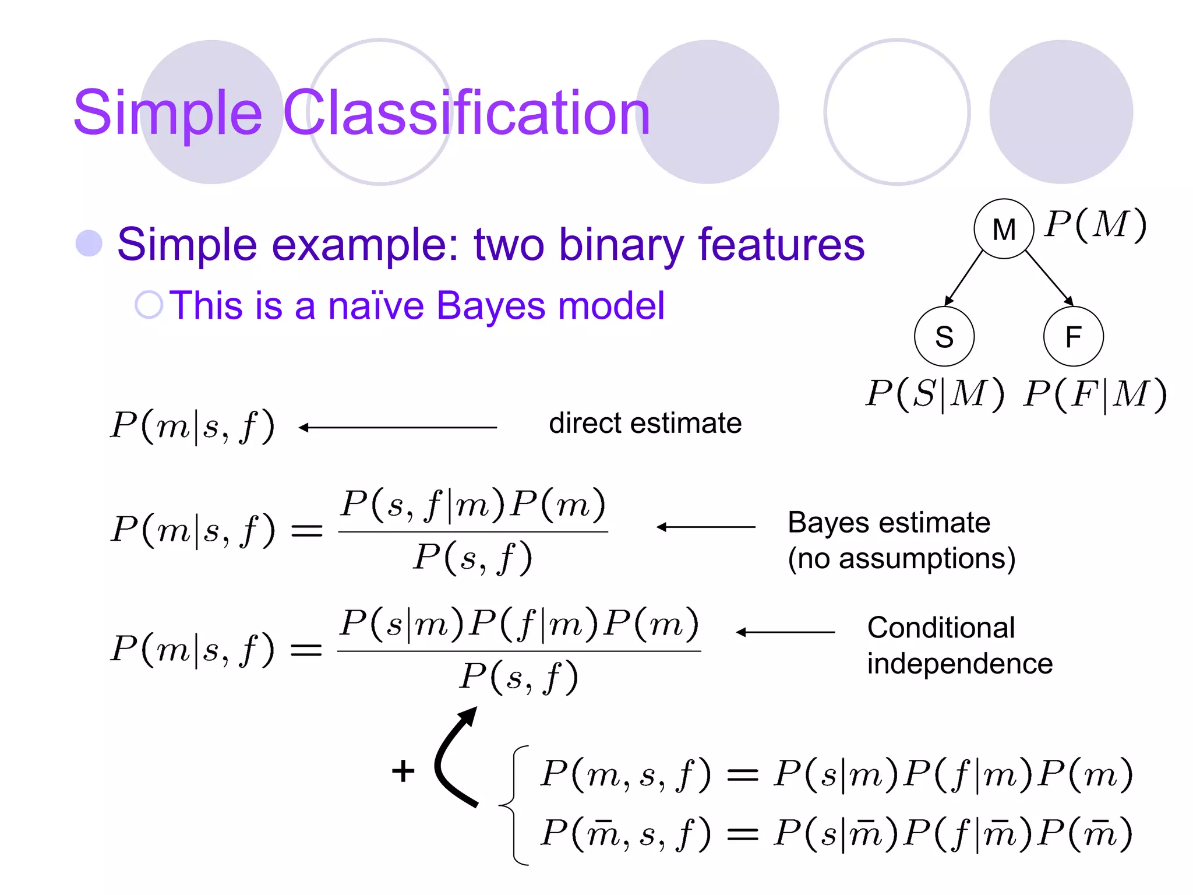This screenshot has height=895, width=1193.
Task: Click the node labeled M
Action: point(1003,229)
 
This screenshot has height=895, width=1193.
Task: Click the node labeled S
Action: point(944,336)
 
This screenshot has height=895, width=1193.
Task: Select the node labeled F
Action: point(1073,336)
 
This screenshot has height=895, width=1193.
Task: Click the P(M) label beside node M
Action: point(1095,224)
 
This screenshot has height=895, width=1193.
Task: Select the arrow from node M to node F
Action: point(1049,278)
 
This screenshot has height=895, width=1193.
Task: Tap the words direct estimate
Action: point(645,423)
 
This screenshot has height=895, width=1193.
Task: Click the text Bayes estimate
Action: point(888,522)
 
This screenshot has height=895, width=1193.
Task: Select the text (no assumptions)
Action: point(901,558)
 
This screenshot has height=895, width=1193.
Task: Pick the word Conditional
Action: point(941,628)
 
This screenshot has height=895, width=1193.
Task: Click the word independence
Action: point(959,664)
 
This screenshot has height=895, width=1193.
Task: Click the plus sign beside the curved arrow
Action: point(403,771)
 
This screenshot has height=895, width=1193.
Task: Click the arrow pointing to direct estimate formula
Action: point(398,428)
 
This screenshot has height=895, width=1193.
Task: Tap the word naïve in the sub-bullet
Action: point(376,305)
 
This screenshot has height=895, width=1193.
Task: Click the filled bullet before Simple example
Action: point(89,244)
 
